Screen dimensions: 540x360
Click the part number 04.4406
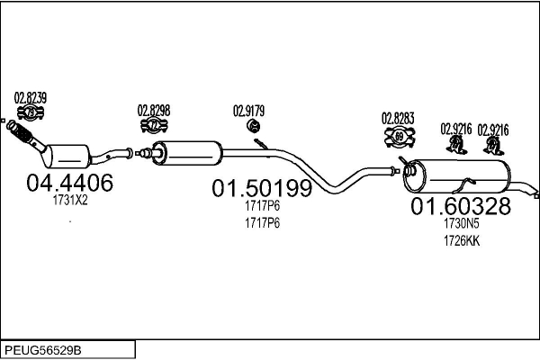click(x=69, y=182)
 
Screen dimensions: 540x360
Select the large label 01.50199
click(x=262, y=188)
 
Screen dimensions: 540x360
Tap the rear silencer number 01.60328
click(x=461, y=206)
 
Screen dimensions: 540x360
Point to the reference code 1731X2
click(x=70, y=200)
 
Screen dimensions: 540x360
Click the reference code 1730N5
click(x=462, y=223)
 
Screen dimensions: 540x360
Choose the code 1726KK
click(x=462, y=240)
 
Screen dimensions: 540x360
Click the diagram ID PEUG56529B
click(x=43, y=350)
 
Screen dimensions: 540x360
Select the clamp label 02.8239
click(x=31, y=98)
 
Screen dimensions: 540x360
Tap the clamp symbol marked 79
click(x=31, y=113)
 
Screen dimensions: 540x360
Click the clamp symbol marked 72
click(x=154, y=125)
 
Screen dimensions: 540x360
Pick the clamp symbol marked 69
click(x=400, y=137)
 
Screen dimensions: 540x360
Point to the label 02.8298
click(x=154, y=111)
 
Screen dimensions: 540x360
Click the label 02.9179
click(x=248, y=111)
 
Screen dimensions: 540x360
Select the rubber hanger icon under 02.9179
click(x=254, y=126)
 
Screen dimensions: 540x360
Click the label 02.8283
click(x=398, y=119)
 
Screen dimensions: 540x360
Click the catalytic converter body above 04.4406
click(x=68, y=156)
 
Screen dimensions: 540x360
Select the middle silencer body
click(x=187, y=153)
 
